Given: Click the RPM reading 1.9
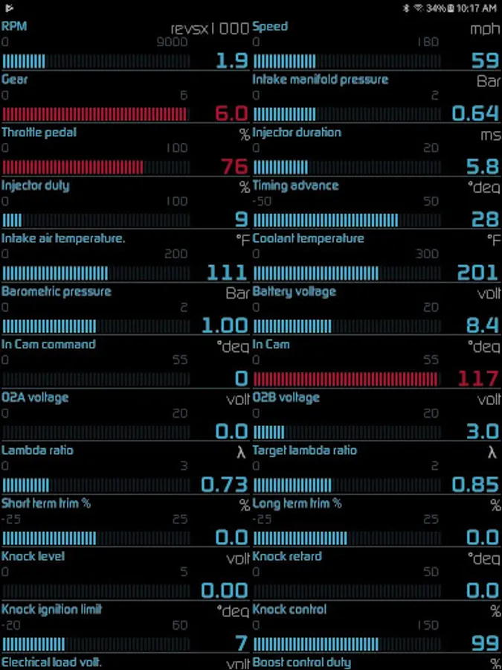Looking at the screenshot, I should point(232,60).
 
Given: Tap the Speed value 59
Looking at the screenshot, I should point(485,60).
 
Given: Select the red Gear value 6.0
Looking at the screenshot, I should point(231,113).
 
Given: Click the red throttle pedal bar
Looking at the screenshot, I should point(73,167).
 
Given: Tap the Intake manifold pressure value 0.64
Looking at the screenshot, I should point(476,113).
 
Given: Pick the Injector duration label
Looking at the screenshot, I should point(297,133).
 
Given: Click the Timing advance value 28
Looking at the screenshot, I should point(485,219).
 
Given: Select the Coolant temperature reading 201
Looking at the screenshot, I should point(477,272).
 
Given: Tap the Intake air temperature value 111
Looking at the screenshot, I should point(227,272).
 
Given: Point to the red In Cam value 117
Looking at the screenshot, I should point(477,378).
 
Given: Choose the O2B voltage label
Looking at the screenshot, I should point(286,398).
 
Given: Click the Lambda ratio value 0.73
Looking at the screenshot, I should point(225,484).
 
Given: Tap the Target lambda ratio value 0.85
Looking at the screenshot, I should point(476,484).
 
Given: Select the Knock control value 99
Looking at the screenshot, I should point(485,642).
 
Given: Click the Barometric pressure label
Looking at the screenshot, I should point(57,291).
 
